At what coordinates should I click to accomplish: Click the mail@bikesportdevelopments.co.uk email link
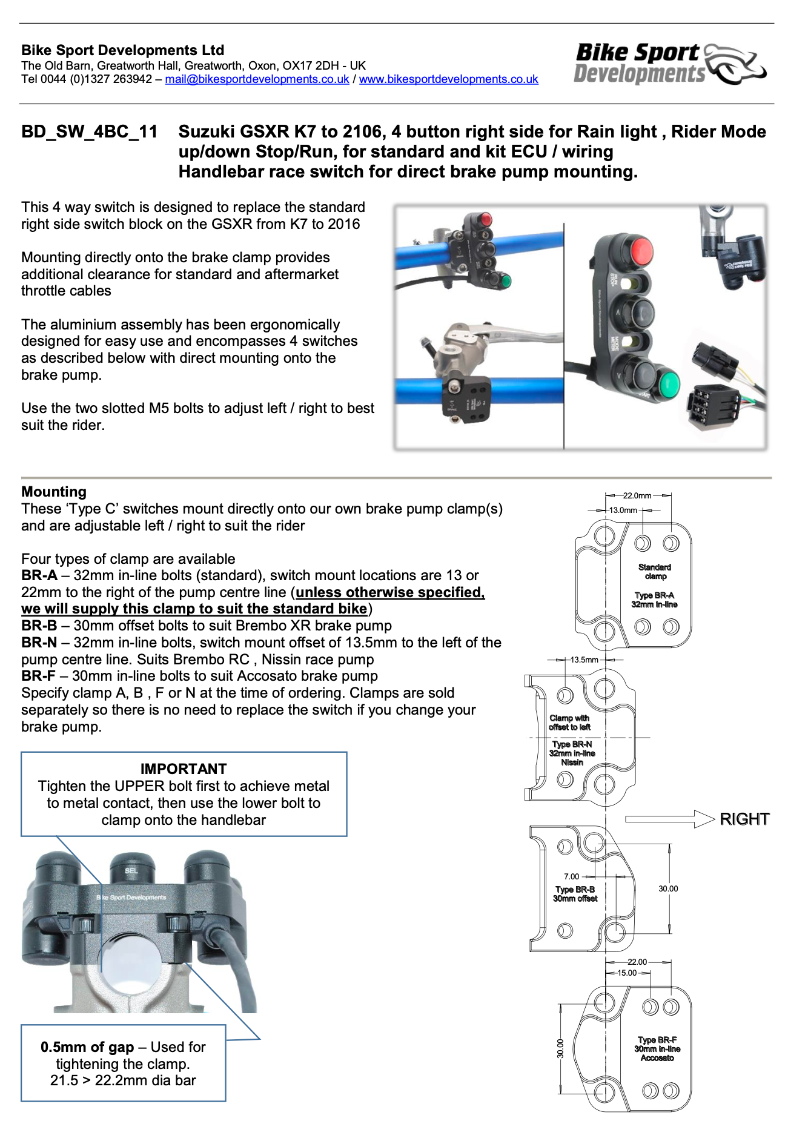(257, 79)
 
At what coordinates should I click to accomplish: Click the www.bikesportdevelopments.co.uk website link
(448, 79)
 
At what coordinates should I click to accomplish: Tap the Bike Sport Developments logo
(669, 64)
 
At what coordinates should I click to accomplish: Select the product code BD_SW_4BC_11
(90, 132)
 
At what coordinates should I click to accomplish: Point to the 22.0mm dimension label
(637, 495)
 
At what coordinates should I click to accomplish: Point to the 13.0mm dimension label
(623, 510)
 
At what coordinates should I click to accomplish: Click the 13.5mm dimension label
(584, 660)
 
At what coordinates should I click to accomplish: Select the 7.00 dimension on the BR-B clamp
(571, 876)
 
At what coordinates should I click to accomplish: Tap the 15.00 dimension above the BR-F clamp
(627, 973)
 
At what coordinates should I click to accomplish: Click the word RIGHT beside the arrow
(744, 819)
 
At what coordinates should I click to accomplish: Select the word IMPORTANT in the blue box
(184, 769)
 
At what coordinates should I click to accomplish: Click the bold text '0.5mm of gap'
(87, 1047)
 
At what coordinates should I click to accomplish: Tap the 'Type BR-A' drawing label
(654, 595)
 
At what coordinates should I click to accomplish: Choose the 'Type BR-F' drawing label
(657, 1040)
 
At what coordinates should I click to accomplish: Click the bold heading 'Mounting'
(54, 492)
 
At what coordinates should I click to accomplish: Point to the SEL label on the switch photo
(131, 870)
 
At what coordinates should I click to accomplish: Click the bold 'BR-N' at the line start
(39, 643)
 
